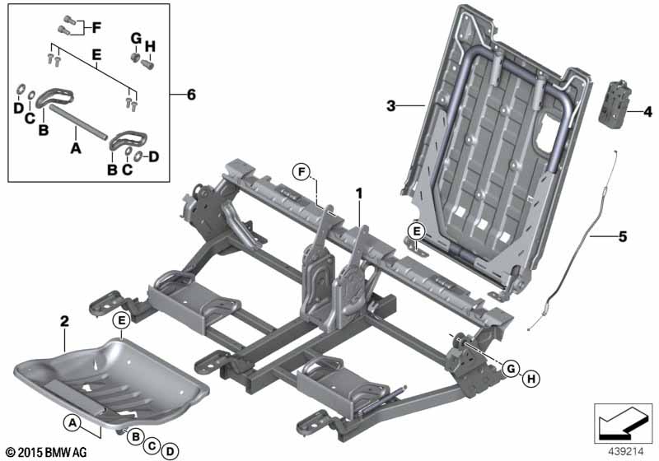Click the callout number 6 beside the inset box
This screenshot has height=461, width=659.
pos(191,95)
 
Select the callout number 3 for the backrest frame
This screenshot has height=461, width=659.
pos(391,106)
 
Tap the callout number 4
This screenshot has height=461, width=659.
pos(647,112)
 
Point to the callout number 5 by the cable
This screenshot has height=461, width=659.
pos(623,237)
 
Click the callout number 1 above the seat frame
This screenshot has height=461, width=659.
pos(359,194)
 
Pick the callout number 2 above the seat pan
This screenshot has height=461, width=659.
pos(64,322)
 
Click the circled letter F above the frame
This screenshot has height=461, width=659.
pos(301,172)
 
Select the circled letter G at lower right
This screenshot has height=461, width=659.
pos(511,369)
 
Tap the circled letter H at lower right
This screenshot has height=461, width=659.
pos(531,380)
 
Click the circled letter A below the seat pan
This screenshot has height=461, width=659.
pos(72,423)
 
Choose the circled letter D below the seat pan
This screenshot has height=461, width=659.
pos(170,452)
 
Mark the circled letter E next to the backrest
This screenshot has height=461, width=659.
pos(416,231)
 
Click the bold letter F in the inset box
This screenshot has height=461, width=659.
pos(96,28)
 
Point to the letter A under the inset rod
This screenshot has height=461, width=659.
pos(76,147)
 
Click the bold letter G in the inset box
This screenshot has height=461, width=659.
pos(136,38)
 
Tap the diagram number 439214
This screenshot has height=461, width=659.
pos(626,452)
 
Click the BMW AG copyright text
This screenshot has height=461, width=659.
pos(47,452)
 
